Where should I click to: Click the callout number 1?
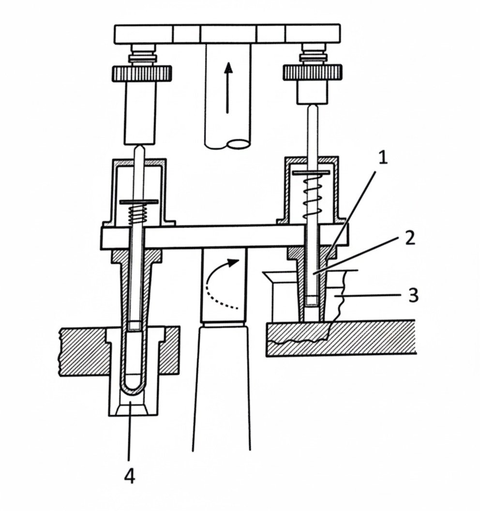point(383,158)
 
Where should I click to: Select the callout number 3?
point(413,295)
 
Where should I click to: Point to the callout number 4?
point(129,477)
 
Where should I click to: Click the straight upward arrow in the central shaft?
point(228,88)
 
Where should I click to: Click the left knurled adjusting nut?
point(142,74)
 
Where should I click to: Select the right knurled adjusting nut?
point(312,73)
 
